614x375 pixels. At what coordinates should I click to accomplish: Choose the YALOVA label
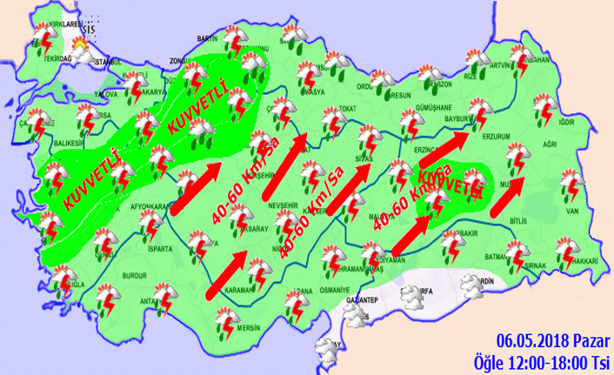point(105,93)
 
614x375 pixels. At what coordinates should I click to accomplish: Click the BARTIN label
point(208,38)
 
